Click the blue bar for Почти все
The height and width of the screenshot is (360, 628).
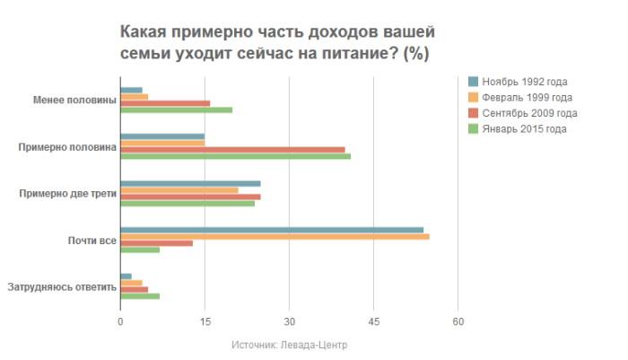pyautogui.click(x=271, y=230)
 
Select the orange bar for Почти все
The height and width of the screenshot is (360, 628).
pyautogui.click(x=274, y=237)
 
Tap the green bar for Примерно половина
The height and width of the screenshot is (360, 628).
pyautogui.click(x=235, y=156)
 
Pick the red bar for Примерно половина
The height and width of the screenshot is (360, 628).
pyautogui.click(x=232, y=149)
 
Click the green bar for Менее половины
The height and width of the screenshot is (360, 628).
pyautogui.click(x=176, y=110)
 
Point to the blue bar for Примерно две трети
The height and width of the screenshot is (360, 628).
pyautogui.click(x=190, y=183)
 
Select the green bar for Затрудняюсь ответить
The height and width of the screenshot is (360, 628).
pyautogui.click(x=139, y=296)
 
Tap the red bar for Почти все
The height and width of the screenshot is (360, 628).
pyautogui.click(x=156, y=243)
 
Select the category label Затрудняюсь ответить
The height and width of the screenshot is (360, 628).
pyautogui.click(x=62, y=287)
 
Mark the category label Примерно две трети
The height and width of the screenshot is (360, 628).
pyautogui.click(x=67, y=194)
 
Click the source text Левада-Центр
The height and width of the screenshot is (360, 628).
pyautogui.click(x=316, y=345)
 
